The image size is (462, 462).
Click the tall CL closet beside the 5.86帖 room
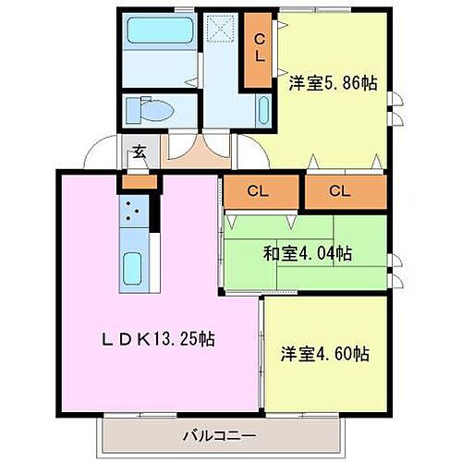click(260, 47)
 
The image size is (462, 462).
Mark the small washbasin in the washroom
click(264, 114)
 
